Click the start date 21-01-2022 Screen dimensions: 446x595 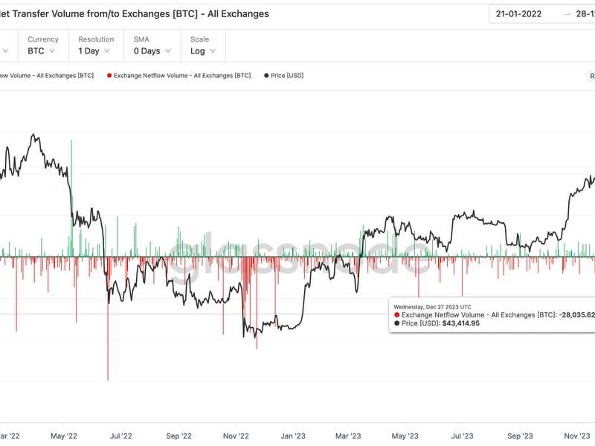click(519, 13)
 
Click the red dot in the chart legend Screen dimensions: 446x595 click(109, 76)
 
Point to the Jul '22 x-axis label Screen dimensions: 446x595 click(120, 436)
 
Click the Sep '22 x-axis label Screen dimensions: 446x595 click(178, 436)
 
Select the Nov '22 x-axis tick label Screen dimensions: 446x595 click(237, 436)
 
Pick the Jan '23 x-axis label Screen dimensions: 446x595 click(293, 436)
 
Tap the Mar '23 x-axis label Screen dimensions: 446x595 click(348, 436)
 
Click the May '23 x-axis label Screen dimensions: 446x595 click(405, 436)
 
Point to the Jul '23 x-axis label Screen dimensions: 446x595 click(463, 436)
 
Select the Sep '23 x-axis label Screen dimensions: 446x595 click(521, 436)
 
